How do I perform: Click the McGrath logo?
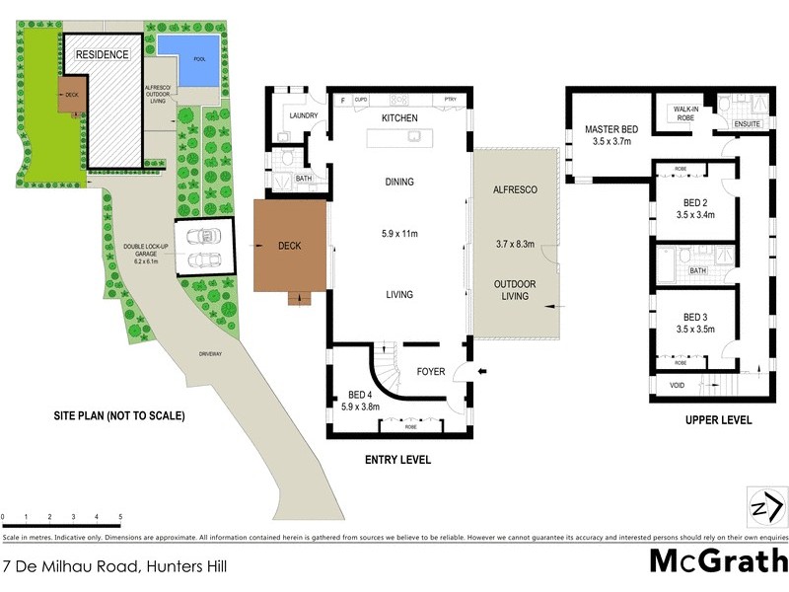click(x=717, y=561)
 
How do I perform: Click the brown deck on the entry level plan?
click(x=289, y=246)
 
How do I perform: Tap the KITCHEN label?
click(x=400, y=118)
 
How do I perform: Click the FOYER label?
click(x=431, y=373)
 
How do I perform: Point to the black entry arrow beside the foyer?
click(x=481, y=372)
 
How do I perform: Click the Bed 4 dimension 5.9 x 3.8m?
click(x=359, y=405)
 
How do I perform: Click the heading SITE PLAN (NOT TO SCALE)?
click(x=119, y=415)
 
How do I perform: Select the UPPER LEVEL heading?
click(x=718, y=419)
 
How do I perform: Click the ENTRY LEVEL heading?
click(x=397, y=460)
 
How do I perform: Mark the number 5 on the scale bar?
click(x=120, y=517)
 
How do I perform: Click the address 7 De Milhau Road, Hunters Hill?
click(x=113, y=566)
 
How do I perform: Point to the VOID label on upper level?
click(x=677, y=386)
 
